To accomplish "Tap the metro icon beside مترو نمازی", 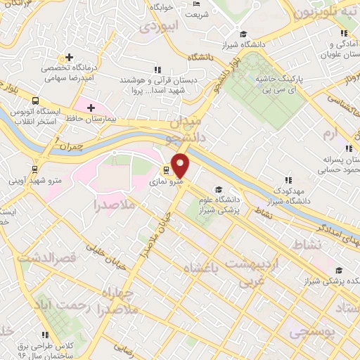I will tap(167, 169).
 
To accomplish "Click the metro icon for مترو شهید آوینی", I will tap(35, 169).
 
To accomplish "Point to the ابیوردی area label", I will tap(160, 27).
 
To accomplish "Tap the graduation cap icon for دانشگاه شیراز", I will tap(243, 34).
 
